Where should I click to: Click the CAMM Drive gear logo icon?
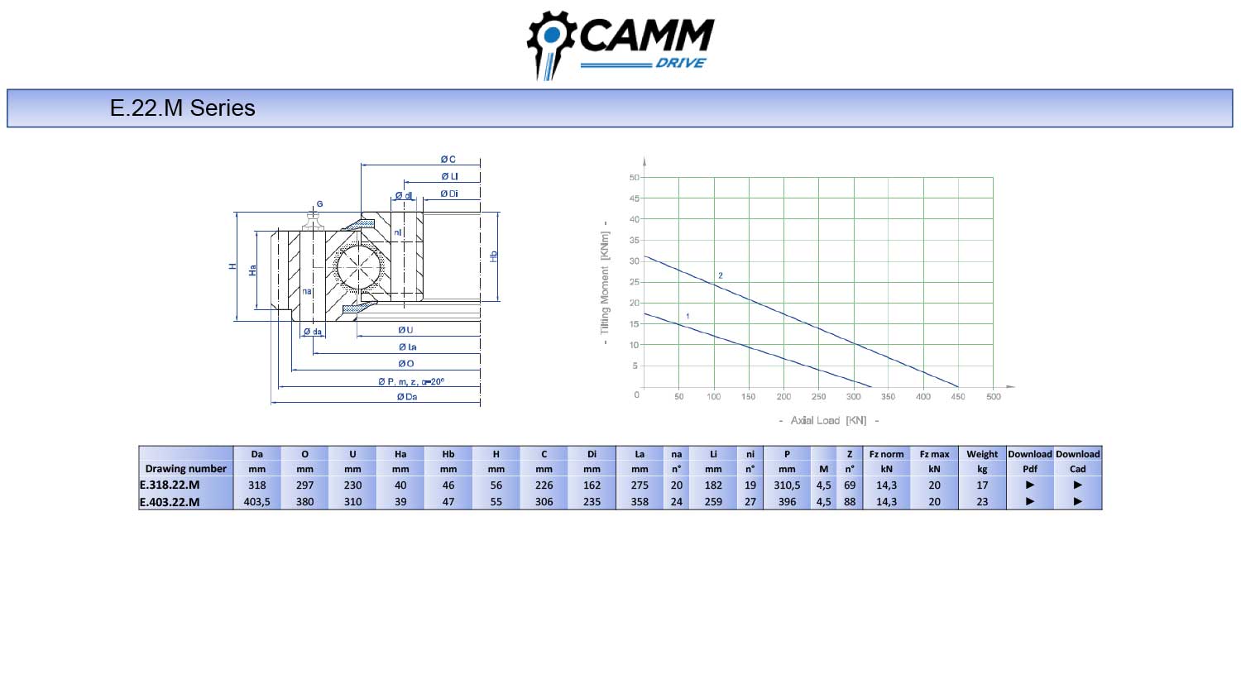pyautogui.click(x=551, y=45)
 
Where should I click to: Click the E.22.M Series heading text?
pyautogui.click(x=182, y=108)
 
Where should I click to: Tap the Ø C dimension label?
pyautogui.click(x=448, y=160)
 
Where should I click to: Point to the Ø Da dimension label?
pyautogui.click(x=407, y=397)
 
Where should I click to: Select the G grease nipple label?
pyautogui.click(x=319, y=204)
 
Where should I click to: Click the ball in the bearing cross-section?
pyautogui.click(x=360, y=267)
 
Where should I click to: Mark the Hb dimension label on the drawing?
pyautogui.click(x=493, y=256)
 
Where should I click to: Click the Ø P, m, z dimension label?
pyautogui.click(x=411, y=382)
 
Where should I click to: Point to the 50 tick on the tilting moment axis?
pyautogui.click(x=635, y=177)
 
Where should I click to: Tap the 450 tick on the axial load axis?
pyautogui.click(x=958, y=397)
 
